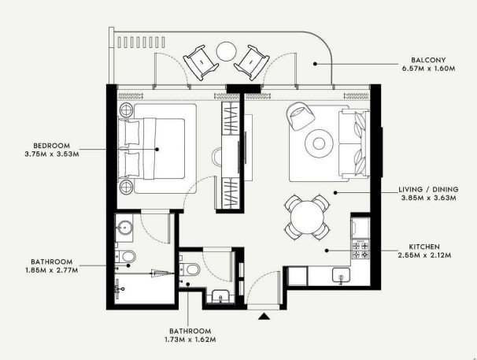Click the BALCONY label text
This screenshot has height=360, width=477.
click(428, 60)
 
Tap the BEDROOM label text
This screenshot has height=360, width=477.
click(51, 146)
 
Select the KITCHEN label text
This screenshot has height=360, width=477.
click(424, 247)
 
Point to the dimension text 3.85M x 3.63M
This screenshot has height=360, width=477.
click(428, 198)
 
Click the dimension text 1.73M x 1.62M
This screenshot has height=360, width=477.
click(190, 340)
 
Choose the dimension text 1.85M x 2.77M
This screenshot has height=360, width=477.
click(52, 270)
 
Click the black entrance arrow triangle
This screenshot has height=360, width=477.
click(264, 316)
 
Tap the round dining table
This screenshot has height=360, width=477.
click(307, 217)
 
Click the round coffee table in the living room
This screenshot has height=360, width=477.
click(319, 143)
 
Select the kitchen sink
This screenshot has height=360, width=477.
click(341, 276)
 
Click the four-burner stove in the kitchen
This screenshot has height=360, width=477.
click(361, 250)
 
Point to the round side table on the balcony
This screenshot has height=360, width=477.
click(226, 51)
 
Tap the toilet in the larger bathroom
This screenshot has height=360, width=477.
click(125, 257)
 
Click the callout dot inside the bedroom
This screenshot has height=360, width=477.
click(157, 149)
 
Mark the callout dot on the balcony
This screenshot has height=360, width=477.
click(315, 64)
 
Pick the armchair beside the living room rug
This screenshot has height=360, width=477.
click(300, 116)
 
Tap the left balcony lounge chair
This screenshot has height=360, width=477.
click(201, 62)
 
